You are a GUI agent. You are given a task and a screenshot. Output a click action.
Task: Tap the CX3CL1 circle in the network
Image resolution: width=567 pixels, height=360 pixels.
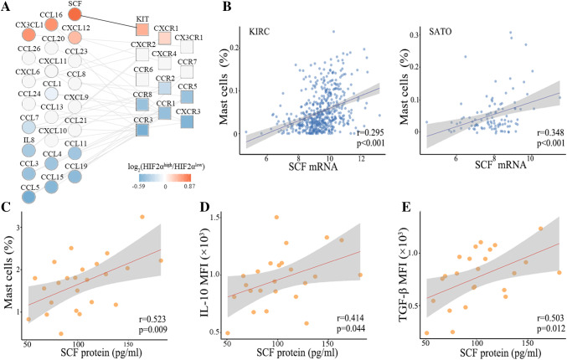coord(29,35)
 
